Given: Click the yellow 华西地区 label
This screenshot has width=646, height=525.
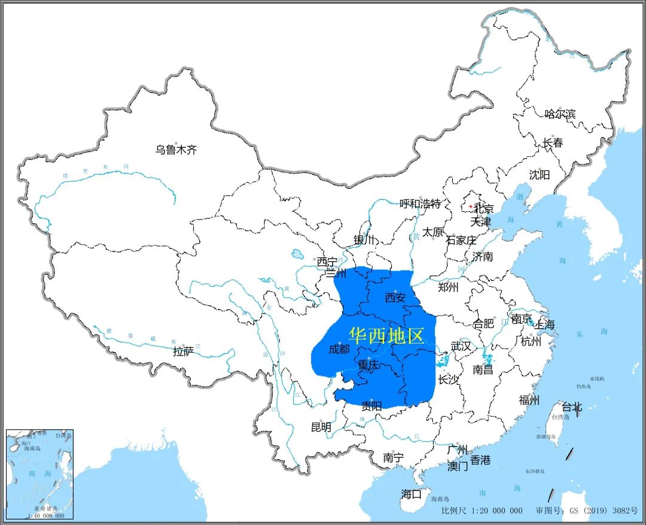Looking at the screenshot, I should pos(386,336).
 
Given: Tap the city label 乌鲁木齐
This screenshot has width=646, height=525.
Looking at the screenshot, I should pos(176,150).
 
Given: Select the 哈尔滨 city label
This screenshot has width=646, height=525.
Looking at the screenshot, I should pos(560,114).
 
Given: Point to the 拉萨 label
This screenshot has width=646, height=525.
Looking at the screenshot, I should pos(183,351).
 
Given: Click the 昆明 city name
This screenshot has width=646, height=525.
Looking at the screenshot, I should pos(321,427).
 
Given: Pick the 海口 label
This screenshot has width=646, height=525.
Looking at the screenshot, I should pos(411,494).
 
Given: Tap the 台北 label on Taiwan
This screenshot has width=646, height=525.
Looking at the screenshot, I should pos(572,408).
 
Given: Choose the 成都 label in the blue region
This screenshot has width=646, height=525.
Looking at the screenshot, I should pos(339,349).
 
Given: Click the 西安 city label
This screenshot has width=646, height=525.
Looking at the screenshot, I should pos(395,298).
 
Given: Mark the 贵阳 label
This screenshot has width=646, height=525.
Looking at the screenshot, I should pos(371,406).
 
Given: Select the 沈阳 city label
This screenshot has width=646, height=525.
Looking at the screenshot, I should pos(539,175).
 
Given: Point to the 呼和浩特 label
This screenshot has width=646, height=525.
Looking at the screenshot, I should pos(420,204).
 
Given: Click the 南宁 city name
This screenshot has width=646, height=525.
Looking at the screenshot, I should pos(393,458).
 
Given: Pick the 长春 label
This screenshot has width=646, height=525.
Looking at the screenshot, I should pos(553,143).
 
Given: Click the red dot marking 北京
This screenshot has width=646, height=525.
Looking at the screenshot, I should pos(471,207).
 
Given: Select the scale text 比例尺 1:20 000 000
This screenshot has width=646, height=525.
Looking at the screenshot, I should pos(482,511).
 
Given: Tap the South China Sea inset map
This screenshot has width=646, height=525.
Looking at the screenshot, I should pos(39,474).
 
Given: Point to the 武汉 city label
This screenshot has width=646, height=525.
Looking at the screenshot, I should pos(461,346).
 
